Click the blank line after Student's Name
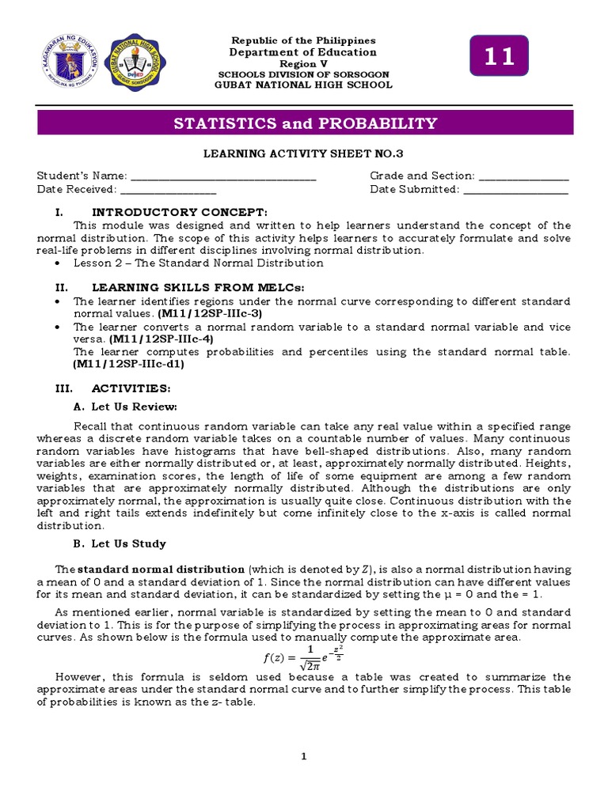[222, 176]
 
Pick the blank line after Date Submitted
[515, 190]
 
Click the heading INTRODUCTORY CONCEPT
[180, 212]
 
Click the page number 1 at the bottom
[303, 757]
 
